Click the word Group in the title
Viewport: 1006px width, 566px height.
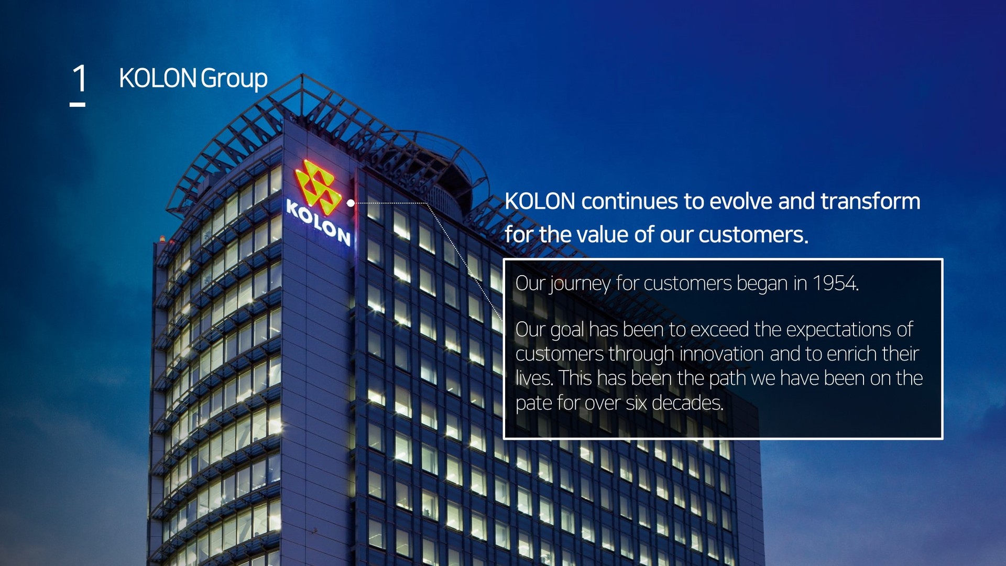(x=234, y=79)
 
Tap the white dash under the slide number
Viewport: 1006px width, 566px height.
(x=78, y=105)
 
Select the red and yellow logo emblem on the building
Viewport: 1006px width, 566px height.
(x=318, y=187)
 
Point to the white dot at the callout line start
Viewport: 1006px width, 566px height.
(x=351, y=203)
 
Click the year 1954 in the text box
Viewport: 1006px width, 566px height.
(x=835, y=283)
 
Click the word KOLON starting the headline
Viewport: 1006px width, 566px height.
(x=540, y=201)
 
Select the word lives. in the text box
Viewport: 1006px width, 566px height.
(x=534, y=378)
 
